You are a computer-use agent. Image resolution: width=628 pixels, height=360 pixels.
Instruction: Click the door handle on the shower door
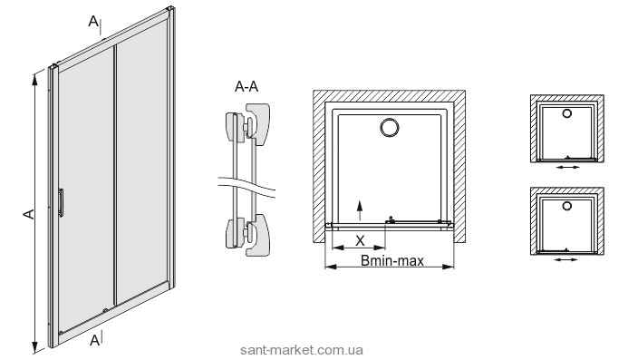click(61, 202)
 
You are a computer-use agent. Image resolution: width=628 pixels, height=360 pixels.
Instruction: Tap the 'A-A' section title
click(246, 86)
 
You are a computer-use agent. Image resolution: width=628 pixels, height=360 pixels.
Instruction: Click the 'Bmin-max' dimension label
click(392, 261)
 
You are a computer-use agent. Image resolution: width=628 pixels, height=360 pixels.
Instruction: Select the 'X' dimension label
click(360, 240)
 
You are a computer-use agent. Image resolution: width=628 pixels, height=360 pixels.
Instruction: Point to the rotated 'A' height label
click(28, 214)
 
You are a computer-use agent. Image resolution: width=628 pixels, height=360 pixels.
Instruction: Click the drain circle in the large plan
click(390, 128)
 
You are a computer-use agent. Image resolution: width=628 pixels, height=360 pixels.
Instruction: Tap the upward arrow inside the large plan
click(360, 210)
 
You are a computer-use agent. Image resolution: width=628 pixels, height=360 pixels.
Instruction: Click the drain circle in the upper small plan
click(567, 113)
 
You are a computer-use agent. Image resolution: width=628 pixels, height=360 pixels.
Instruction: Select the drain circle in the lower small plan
click(567, 206)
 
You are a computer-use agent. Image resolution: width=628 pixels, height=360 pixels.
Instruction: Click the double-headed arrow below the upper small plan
click(568, 167)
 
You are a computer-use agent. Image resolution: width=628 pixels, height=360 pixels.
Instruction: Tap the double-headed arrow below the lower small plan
click(566, 259)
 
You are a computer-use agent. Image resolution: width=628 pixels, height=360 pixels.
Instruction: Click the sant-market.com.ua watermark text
click(302, 350)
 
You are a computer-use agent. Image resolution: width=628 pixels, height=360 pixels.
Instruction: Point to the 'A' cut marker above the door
click(93, 21)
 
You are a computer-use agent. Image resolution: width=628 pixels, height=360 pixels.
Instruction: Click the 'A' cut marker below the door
click(94, 340)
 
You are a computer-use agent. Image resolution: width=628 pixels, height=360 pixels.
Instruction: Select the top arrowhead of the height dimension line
click(34, 80)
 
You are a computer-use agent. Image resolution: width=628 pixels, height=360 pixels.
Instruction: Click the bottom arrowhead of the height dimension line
click(34, 347)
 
